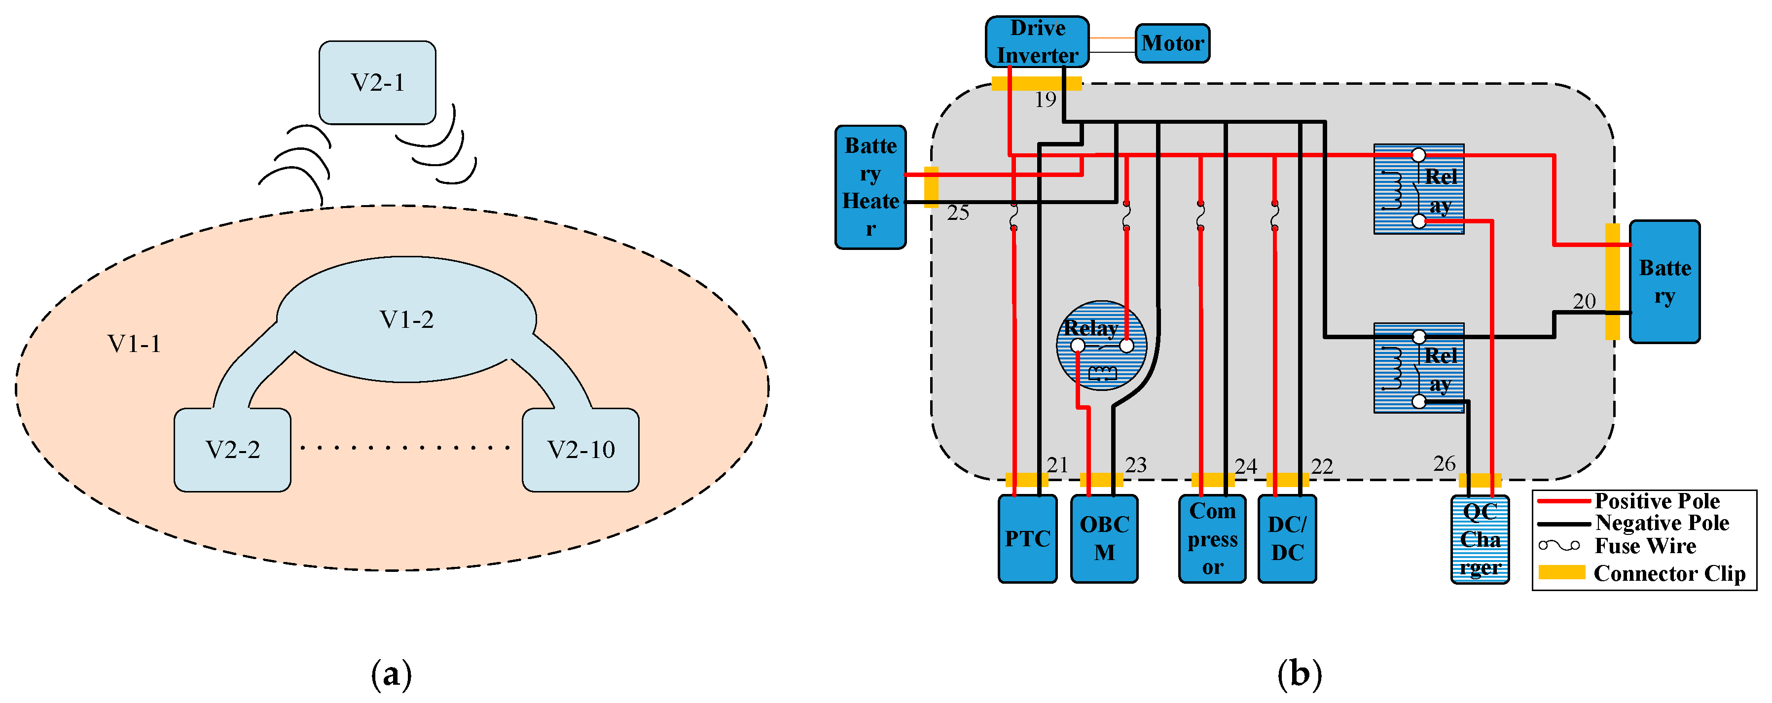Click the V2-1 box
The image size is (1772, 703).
coord(377,82)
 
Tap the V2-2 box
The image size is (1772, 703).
coord(232,450)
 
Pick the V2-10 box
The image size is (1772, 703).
coord(580,450)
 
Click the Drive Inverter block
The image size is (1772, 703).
coord(1037,42)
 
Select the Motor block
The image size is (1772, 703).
coord(1172,43)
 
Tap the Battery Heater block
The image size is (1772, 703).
coord(870,187)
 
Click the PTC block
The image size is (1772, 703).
coord(1027,539)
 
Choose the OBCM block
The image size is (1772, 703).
coord(1104,539)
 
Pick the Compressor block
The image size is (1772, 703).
coord(1212,539)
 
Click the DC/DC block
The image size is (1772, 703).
coord(1287,539)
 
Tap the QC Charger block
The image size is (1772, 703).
coord(1480,540)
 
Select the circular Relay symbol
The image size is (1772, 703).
coord(1101,345)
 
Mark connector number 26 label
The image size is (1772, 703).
coord(1444,463)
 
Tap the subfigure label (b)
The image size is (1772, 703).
coord(1300,673)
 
